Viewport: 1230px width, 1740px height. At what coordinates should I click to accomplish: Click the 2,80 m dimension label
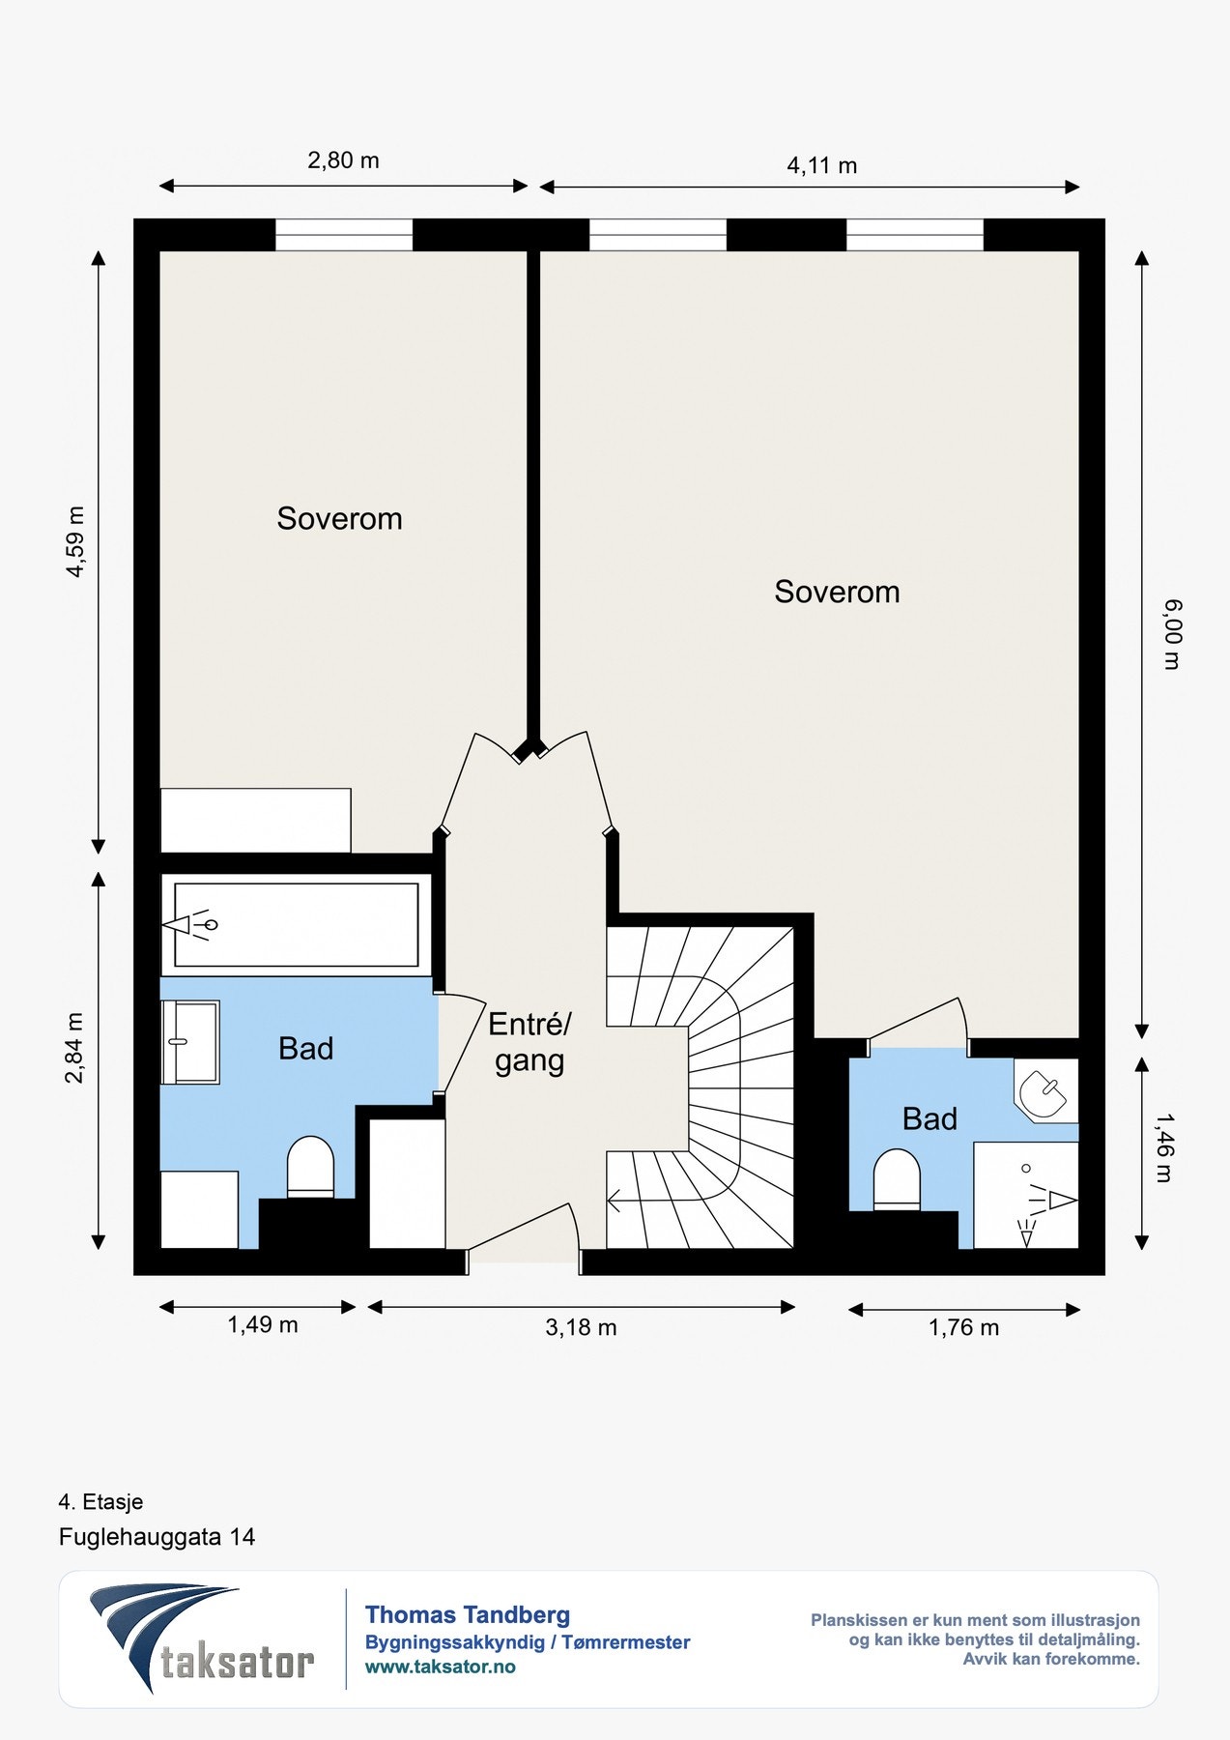point(343,160)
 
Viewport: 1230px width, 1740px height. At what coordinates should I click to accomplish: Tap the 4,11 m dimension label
point(822,165)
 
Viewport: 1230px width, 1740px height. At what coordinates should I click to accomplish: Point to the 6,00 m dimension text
point(1172,634)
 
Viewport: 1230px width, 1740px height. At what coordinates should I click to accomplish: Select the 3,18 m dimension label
point(581,1327)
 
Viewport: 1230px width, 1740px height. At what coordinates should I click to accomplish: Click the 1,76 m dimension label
point(964,1327)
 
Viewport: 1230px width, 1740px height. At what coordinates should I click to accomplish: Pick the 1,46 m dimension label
point(1164,1147)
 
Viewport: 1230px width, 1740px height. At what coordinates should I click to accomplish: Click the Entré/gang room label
point(529,1042)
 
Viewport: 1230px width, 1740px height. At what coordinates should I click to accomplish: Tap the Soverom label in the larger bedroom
point(837,592)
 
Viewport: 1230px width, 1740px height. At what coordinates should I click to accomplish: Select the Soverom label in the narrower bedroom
point(339,518)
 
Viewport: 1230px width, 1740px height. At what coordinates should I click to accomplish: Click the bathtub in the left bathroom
point(296,925)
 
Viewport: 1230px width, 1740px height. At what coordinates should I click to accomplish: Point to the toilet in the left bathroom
point(310,1167)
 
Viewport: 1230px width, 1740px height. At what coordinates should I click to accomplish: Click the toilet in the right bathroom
point(897,1179)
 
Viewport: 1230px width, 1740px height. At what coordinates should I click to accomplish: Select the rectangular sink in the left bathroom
point(190,1042)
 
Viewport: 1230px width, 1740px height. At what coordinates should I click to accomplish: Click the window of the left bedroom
point(344,235)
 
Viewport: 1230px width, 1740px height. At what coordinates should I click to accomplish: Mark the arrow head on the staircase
point(614,1202)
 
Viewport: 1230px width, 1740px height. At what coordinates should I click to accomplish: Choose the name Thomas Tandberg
point(468,1614)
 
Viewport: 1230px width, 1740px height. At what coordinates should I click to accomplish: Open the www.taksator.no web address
point(440,1667)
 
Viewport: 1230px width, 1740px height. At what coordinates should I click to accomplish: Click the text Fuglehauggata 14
point(157,1537)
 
